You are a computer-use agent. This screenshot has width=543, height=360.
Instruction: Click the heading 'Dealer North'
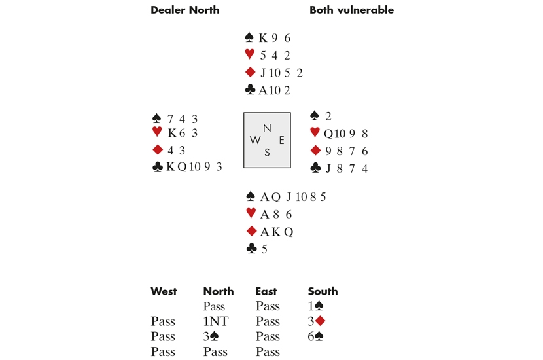click(x=184, y=10)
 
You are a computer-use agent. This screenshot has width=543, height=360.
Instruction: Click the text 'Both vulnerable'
click(x=351, y=10)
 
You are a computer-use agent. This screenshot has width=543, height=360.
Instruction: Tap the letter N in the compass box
click(x=267, y=128)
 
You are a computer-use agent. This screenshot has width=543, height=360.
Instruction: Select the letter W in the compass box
click(x=254, y=140)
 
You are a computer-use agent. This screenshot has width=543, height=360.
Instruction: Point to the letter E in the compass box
click(x=281, y=140)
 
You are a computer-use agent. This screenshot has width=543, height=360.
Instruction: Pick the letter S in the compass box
click(x=267, y=153)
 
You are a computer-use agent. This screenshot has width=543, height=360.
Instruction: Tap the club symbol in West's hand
click(x=157, y=167)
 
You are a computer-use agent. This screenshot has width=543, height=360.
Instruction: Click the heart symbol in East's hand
click(x=315, y=134)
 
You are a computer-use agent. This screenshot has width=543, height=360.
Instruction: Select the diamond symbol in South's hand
click(x=250, y=232)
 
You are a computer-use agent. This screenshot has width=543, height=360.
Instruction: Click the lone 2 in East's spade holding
click(x=328, y=117)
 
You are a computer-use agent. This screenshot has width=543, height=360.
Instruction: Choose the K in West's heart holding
click(x=172, y=134)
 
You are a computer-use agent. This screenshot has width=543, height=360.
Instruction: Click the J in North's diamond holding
click(x=263, y=73)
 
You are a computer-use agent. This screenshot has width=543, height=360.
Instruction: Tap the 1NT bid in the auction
click(x=214, y=321)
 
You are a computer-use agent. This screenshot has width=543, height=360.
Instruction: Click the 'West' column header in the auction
click(x=164, y=291)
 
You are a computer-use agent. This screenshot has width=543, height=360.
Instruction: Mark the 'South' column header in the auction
click(x=323, y=291)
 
